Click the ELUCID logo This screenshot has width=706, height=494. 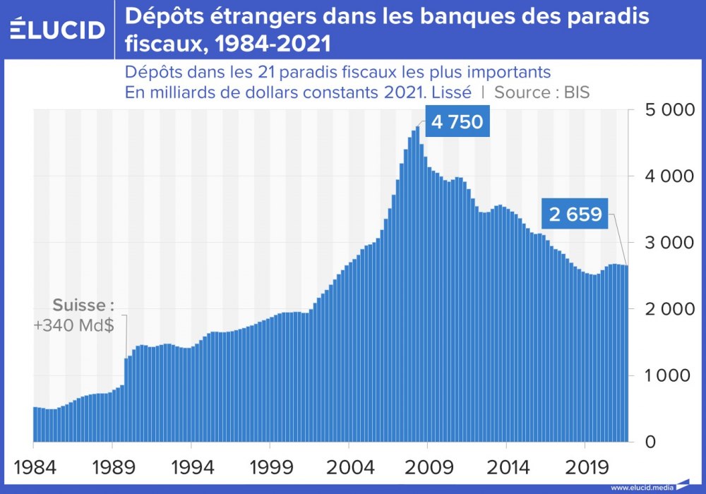(x=58, y=29)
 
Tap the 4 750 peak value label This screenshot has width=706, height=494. (x=457, y=122)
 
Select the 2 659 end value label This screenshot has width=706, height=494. (x=575, y=215)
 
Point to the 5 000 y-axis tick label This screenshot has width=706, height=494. (x=669, y=110)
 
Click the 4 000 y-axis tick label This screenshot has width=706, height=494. (x=669, y=176)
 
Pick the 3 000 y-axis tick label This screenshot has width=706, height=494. (x=669, y=243)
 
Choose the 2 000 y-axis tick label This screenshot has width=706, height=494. (x=669, y=309)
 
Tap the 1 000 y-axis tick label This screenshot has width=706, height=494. (x=670, y=375)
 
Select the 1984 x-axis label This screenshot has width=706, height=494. (x=33, y=466)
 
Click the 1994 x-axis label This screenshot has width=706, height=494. (x=191, y=466)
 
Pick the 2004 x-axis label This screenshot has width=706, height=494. (x=349, y=466)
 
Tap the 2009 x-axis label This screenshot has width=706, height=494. (x=427, y=466)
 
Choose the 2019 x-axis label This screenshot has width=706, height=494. (x=585, y=466)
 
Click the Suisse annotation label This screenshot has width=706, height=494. (x=83, y=306)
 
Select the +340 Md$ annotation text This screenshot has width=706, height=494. (x=73, y=327)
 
